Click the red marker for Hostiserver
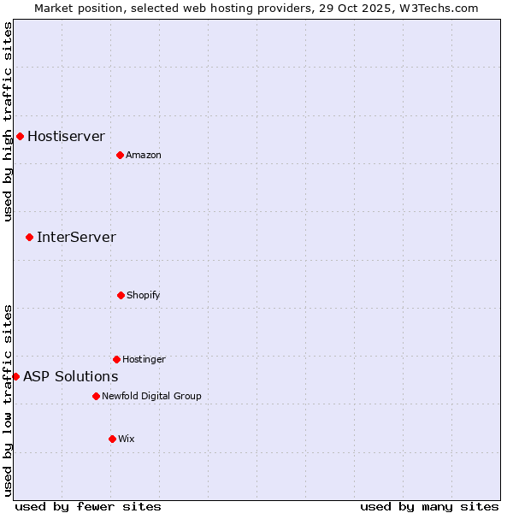click(20, 136)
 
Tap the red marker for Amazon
click(120, 155)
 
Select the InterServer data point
click(29, 237)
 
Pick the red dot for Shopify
click(121, 295)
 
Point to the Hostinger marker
click(116, 359)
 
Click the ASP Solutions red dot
click(15, 376)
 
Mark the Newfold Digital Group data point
click(96, 396)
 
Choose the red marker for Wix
click(112, 439)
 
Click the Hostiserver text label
click(66, 136)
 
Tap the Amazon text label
click(144, 156)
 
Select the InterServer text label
click(76, 237)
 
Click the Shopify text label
click(144, 296)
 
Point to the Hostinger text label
click(144, 360)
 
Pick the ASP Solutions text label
click(70, 376)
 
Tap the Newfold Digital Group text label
click(151, 397)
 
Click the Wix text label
click(127, 439)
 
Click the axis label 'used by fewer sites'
click(88, 506)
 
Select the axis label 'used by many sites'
click(429, 506)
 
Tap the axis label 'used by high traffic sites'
click(8, 121)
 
